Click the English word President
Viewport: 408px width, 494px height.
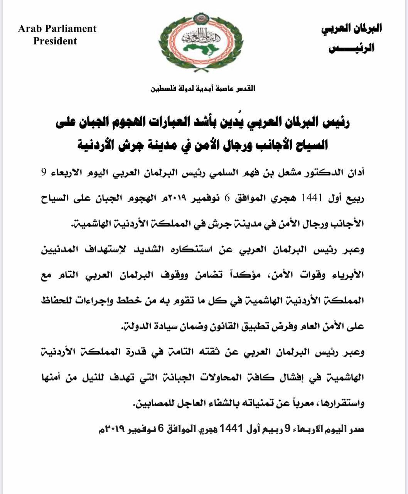[x=55, y=41]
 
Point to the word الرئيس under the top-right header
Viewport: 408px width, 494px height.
[x=351, y=49]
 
